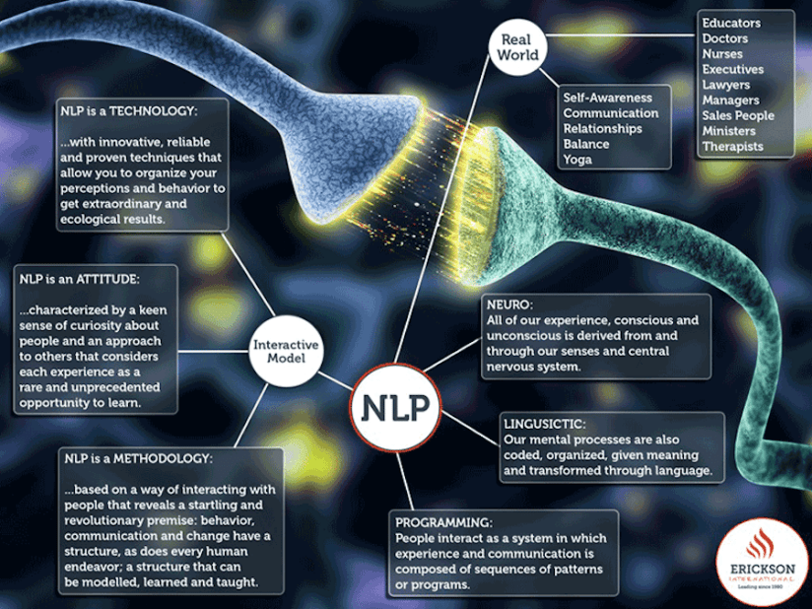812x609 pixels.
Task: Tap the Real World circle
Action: (x=519, y=47)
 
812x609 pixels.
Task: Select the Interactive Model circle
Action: (x=286, y=352)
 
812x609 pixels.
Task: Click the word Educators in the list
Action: (x=731, y=23)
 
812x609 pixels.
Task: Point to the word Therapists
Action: (x=732, y=147)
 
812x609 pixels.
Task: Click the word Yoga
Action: (x=577, y=160)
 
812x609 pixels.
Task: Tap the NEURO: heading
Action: (x=508, y=304)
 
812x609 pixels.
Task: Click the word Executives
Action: (x=732, y=69)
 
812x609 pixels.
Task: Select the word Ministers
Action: (x=728, y=131)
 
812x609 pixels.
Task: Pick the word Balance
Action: (x=586, y=144)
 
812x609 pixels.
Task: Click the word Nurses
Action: (x=722, y=54)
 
